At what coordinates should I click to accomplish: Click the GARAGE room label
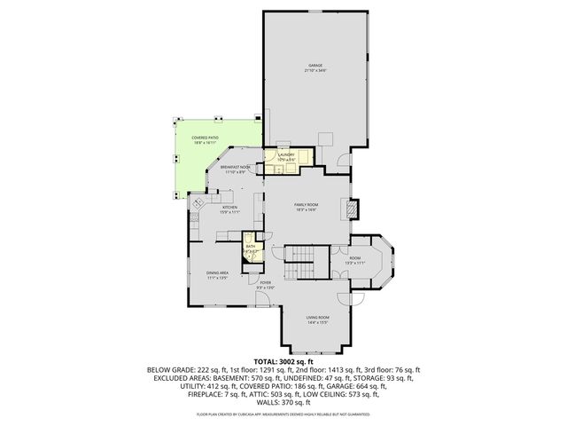(315, 66)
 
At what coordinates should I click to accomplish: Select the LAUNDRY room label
(287, 154)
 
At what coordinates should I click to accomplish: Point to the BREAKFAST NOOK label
(236, 167)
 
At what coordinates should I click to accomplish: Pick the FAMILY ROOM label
(306, 204)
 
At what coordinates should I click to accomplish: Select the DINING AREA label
(218, 273)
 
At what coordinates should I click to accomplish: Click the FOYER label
(265, 283)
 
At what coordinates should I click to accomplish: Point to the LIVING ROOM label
(317, 318)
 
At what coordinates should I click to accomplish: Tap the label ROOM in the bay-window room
(354, 258)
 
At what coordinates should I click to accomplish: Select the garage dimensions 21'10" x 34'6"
(315, 71)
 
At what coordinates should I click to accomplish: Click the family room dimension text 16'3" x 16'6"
(306, 210)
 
